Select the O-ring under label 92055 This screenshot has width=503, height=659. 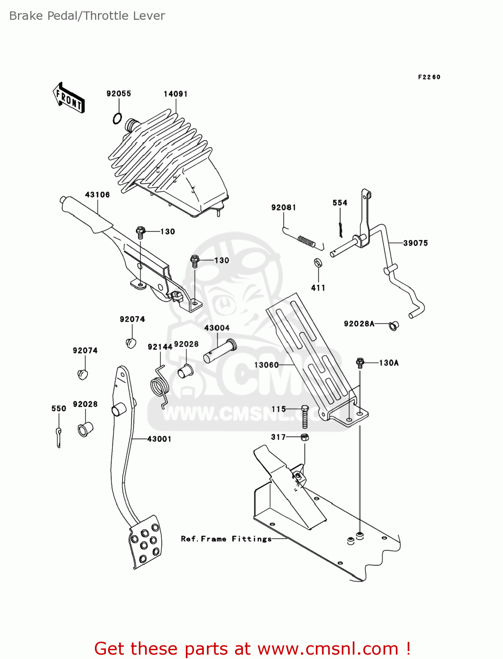click(117, 118)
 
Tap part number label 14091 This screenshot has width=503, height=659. click(175, 94)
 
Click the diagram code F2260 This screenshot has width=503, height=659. click(429, 77)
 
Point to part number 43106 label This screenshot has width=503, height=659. click(97, 195)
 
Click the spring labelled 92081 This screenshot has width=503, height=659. click(306, 240)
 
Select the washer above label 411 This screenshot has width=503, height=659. click(318, 263)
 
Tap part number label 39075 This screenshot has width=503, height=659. click(415, 243)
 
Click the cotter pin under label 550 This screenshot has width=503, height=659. click(58, 437)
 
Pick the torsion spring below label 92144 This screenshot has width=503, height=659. click(160, 386)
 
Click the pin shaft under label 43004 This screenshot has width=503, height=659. click(220, 351)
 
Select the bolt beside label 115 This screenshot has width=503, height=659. click(305, 416)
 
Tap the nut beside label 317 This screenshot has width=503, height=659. click(304, 437)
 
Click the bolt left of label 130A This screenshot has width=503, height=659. click(360, 363)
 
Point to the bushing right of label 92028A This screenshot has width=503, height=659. click(394, 326)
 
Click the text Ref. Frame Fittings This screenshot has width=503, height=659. click(226, 539)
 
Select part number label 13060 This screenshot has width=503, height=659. click(266, 365)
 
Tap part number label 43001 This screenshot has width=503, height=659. click(159, 439)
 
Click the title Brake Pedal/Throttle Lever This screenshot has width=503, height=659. click(87, 16)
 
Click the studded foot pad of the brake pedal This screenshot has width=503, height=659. click(145, 542)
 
